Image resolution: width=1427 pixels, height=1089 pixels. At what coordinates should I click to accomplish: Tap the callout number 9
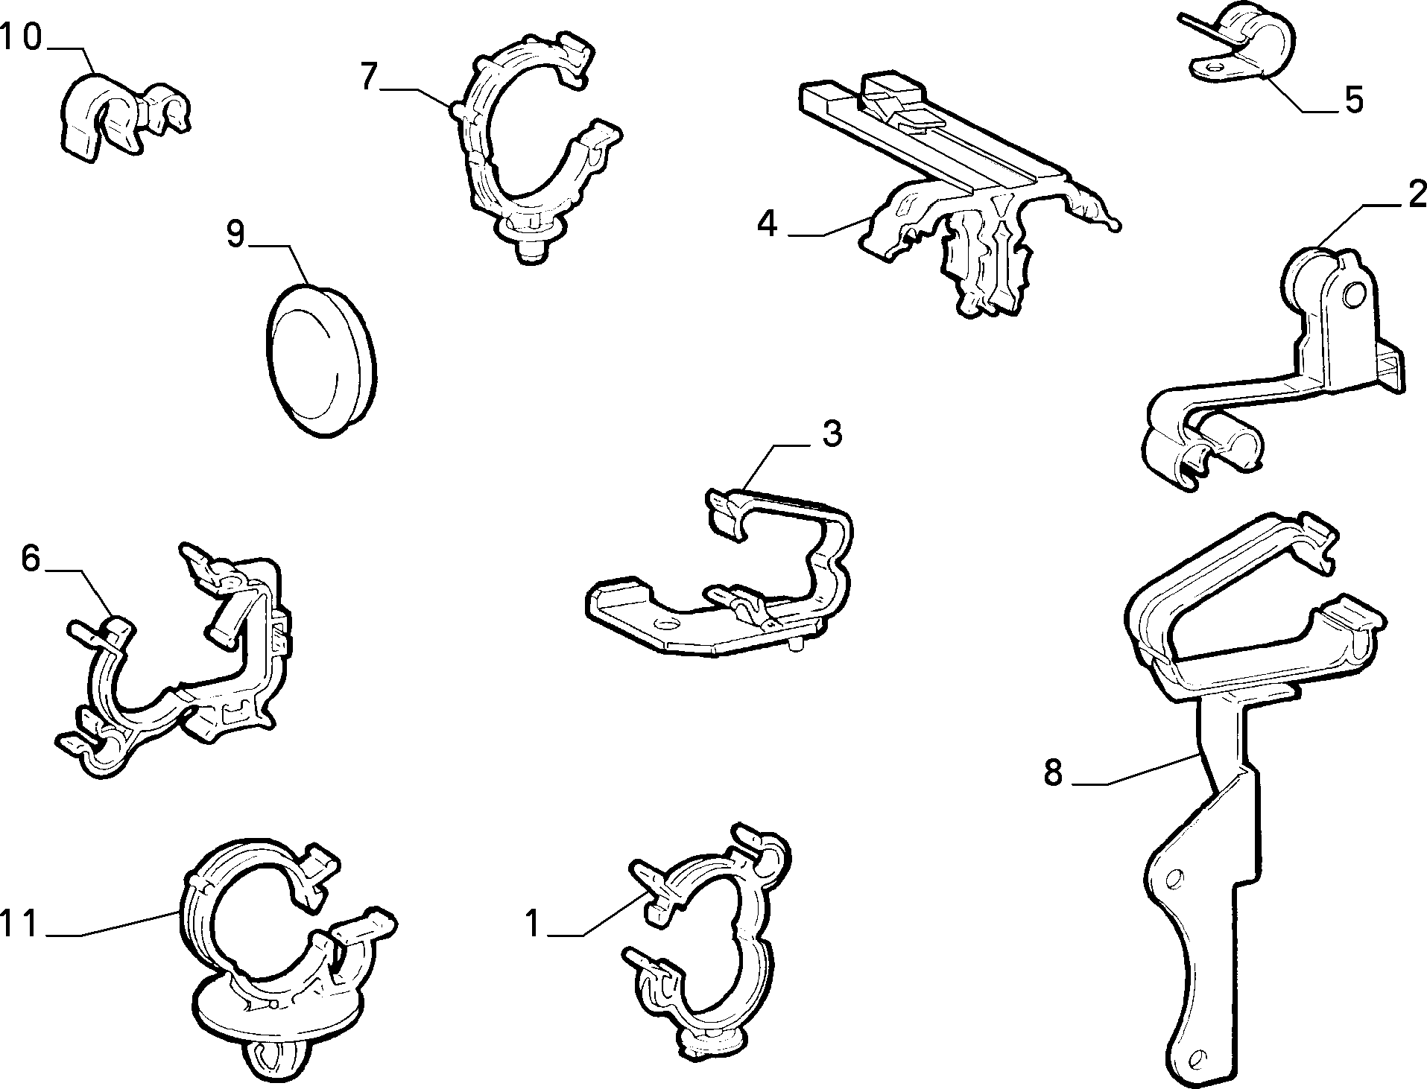click(235, 235)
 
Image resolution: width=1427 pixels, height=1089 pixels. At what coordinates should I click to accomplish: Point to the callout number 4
click(768, 223)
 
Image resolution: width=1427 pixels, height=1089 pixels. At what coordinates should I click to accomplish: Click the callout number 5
click(1353, 100)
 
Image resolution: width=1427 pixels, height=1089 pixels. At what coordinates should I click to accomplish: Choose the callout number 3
click(832, 434)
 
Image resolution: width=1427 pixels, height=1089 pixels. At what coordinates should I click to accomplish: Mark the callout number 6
click(30, 558)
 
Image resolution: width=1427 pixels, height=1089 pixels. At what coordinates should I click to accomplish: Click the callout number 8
click(1053, 772)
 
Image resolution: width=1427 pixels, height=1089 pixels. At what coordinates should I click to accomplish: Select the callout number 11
click(19, 924)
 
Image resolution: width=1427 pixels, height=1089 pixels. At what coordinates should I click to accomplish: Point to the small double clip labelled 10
click(123, 113)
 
